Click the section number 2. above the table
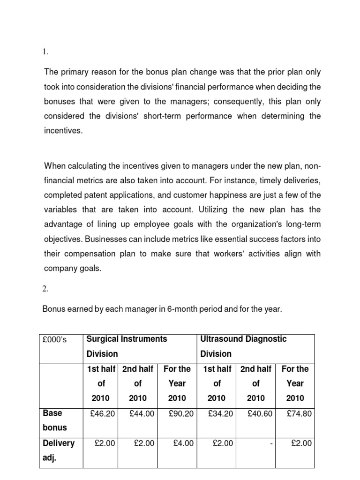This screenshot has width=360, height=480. coord(46,289)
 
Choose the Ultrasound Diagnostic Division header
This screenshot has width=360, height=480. coord(243,346)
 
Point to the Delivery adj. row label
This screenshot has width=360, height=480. coord(59,450)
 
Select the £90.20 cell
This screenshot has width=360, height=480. coord(181,414)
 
